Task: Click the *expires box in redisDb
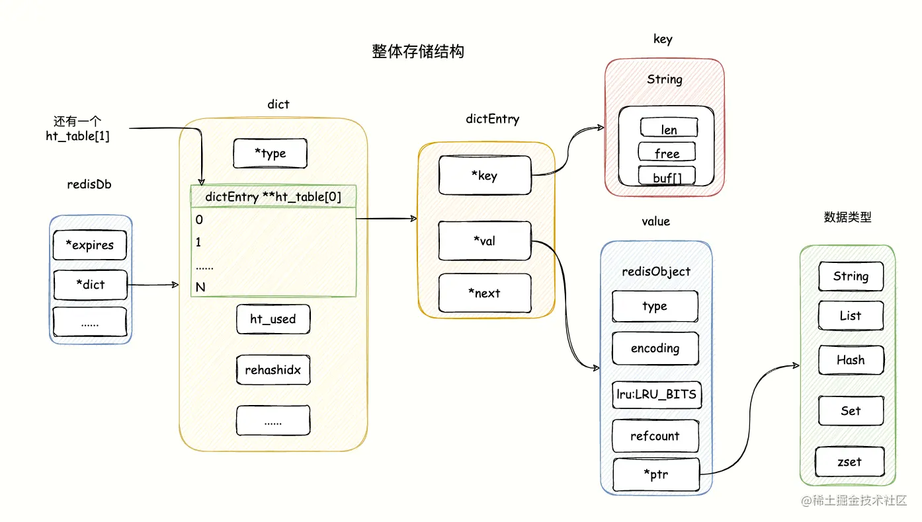pyautogui.click(x=89, y=245)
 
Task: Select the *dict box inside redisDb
pyautogui.click(x=89, y=285)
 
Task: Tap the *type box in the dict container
pyautogui.click(x=270, y=153)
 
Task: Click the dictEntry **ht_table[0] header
pyautogui.click(x=273, y=197)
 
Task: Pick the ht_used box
pyautogui.click(x=272, y=319)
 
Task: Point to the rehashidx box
pyautogui.click(x=272, y=370)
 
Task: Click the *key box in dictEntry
pyautogui.click(x=485, y=176)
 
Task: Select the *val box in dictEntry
pyautogui.click(x=485, y=241)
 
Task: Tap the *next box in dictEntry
pyautogui.click(x=485, y=293)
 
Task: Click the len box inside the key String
pyautogui.click(x=669, y=129)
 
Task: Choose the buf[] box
pyautogui.click(x=667, y=176)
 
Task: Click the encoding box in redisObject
pyautogui.click(x=655, y=348)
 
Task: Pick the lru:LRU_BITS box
pyautogui.click(x=655, y=394)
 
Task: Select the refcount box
pyautogui.click(x=655, y=436)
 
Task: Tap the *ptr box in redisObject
pyautogui.click(x=655, y=474)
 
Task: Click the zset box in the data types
pyautogui.click(x=850, y=462)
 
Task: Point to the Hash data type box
pyautogui.click(x=850, y=360)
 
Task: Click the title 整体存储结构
pyautogui.click(x=418, y=52)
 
